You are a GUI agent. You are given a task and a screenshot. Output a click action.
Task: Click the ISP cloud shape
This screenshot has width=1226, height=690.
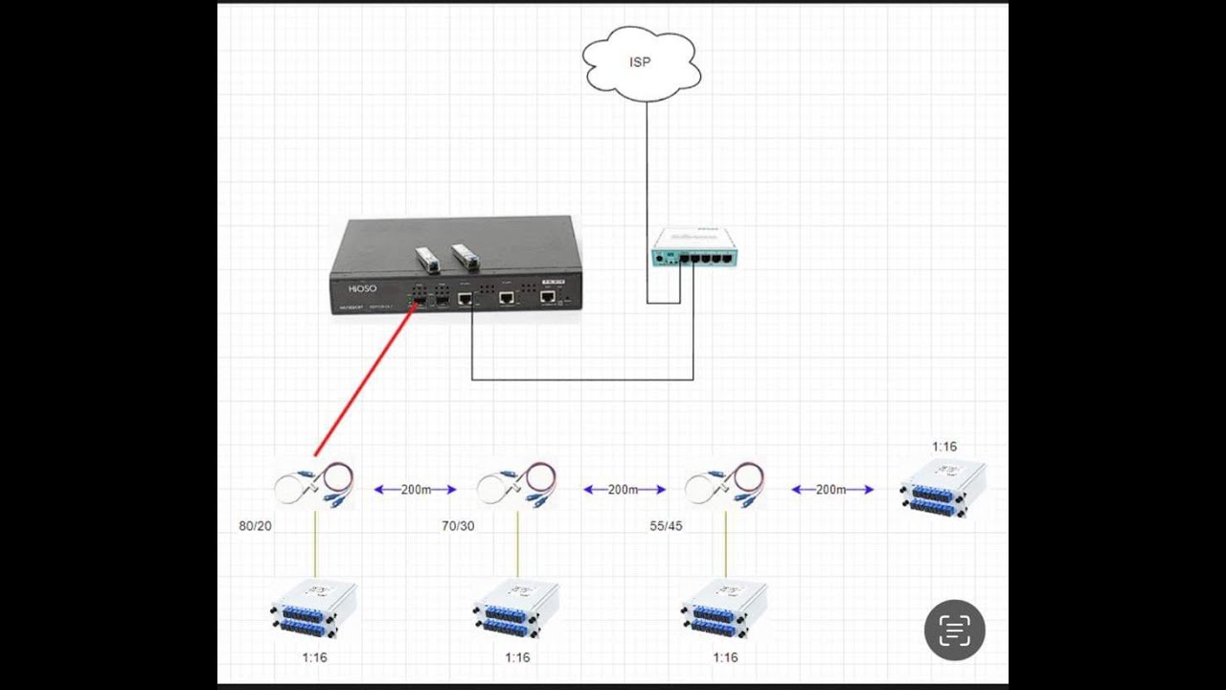pos(641,63)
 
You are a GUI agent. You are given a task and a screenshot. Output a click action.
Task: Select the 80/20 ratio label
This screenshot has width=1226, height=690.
pos(256,526)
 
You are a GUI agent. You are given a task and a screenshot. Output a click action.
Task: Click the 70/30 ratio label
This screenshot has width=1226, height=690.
pos(458,526)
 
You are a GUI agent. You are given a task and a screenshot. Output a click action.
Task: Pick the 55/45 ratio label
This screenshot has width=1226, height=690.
pos(665,526)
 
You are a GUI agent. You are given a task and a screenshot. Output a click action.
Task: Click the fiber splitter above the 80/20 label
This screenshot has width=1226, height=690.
pos(313,485)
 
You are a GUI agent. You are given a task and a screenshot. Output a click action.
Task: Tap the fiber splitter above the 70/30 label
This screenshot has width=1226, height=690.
pos(516,485)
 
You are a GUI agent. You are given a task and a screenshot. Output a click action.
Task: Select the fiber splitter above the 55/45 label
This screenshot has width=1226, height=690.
pos(724,485)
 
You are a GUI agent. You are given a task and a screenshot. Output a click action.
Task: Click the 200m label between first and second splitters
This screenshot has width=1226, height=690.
pos(416,490)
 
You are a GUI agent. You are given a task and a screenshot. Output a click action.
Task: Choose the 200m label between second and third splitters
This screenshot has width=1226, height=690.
pos(624,490)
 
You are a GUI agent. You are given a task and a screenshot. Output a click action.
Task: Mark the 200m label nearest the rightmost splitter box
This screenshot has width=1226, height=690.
pos(831,490)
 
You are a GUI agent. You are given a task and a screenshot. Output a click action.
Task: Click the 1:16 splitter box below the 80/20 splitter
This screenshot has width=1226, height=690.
pos(313,609)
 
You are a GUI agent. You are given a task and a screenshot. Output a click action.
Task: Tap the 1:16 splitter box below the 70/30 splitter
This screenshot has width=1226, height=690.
pos(516,609)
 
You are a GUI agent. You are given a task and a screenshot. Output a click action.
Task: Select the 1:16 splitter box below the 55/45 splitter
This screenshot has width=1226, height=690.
pos(724,609)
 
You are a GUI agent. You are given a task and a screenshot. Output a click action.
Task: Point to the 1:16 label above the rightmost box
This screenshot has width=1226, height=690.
pos(944,447)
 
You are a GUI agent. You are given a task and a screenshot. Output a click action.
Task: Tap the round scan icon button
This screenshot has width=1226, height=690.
pos(954,630)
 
